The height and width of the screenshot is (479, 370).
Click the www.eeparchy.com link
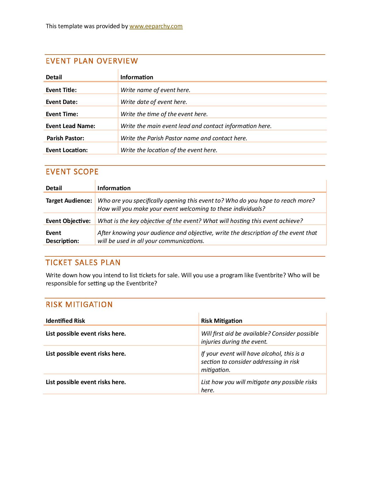click(156, 26)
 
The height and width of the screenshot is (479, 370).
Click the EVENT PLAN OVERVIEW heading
click(92, 61)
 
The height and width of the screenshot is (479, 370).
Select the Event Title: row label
click(61, 90)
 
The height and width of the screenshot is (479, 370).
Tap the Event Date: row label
click(62, 102)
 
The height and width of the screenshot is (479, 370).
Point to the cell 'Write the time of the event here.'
click(164, 114)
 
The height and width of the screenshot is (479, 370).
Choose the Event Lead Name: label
click(71, 126)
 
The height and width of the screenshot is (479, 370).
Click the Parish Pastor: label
click(65, 138)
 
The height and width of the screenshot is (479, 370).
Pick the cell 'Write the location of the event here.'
click(169, 150)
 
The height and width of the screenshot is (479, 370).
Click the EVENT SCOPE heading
click(72, 172)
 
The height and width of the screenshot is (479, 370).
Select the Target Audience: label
click(69, 201)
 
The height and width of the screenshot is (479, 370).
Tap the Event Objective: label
click(68, 221)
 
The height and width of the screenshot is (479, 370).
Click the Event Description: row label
click(62, 237)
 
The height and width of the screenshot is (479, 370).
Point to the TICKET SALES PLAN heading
click(83, 263)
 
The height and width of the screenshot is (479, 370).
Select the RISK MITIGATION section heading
click(79, 305)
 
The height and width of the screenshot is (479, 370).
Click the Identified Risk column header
click(65, 321)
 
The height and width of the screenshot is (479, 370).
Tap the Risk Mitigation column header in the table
click(221, 321)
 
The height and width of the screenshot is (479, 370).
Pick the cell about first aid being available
click(259, 338)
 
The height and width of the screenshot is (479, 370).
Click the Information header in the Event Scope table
click(114, 188)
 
